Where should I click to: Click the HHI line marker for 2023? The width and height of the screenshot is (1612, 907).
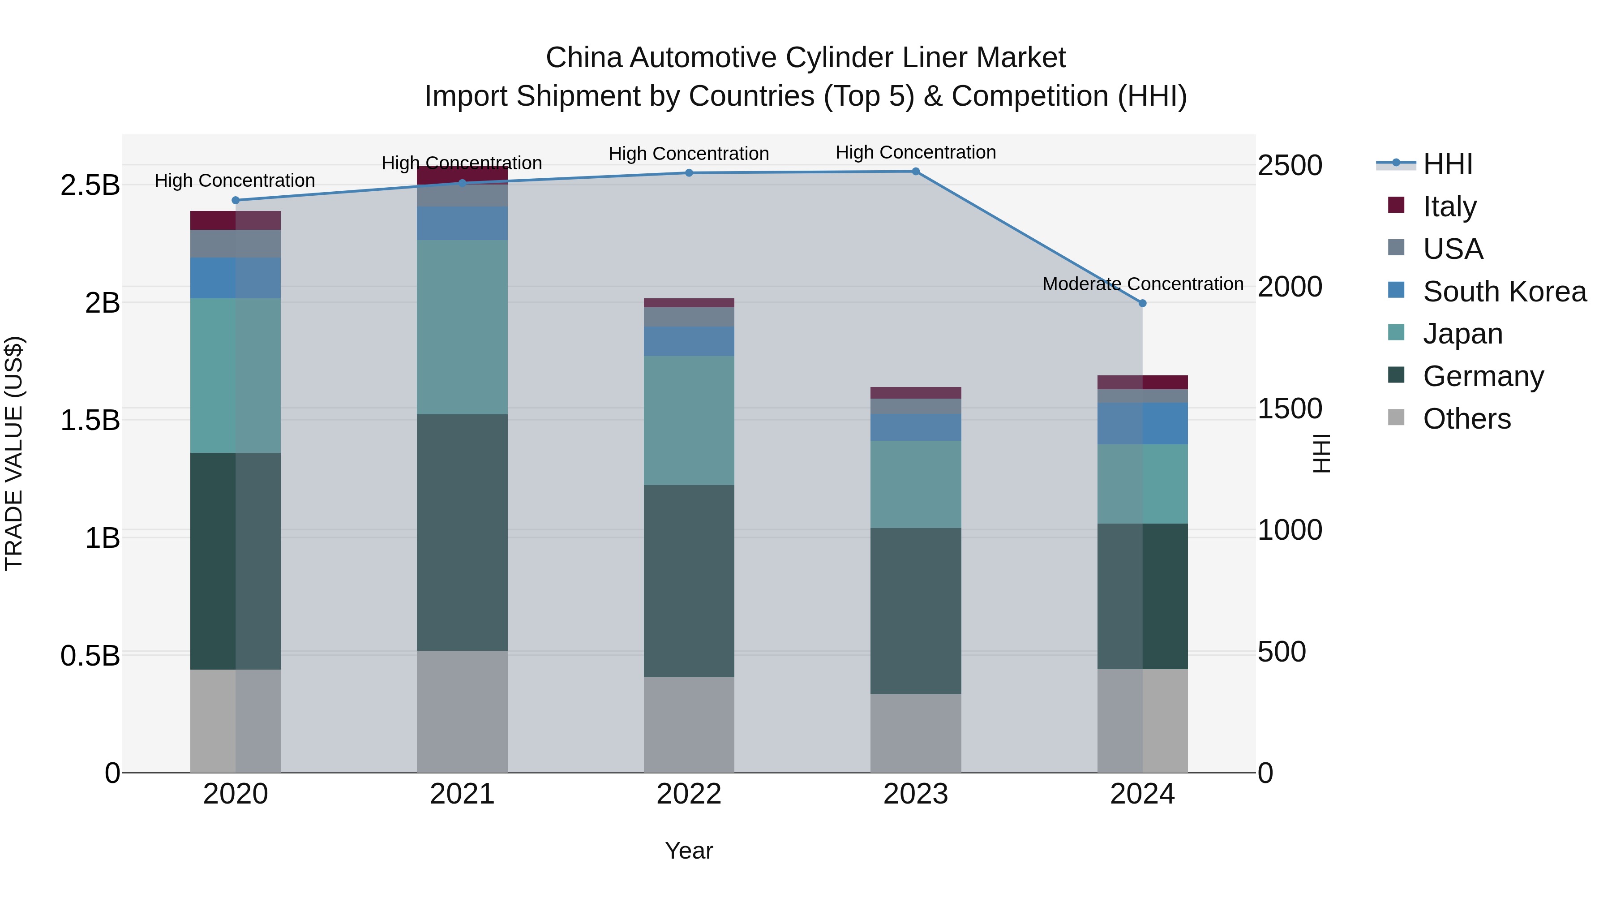pos(916,172)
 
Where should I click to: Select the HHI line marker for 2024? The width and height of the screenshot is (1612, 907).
pos(1142,303)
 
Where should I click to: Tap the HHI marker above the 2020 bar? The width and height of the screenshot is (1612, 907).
pos(235,200)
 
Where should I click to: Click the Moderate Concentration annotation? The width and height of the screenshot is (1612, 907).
pos(1143,284)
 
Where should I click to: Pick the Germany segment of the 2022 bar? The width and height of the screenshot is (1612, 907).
pos(689,581)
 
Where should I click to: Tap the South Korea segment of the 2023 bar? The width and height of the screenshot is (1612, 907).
pos(916,427)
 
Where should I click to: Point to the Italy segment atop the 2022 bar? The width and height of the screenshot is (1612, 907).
pos(689,303)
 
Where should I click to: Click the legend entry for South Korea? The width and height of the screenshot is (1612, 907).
pos(1505,292)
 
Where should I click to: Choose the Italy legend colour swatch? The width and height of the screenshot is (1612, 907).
pos(1396,205)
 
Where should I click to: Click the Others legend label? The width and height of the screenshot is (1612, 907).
pos(1467,419)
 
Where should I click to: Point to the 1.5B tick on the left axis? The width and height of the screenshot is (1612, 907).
pos(90,420)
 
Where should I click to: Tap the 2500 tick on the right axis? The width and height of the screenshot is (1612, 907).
pos(1290,166)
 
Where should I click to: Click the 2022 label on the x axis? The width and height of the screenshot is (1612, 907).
pos(689,794)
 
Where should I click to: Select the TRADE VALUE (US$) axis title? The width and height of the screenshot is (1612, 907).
pos(14,453)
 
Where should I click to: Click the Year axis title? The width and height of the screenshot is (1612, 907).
pos(689,851)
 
